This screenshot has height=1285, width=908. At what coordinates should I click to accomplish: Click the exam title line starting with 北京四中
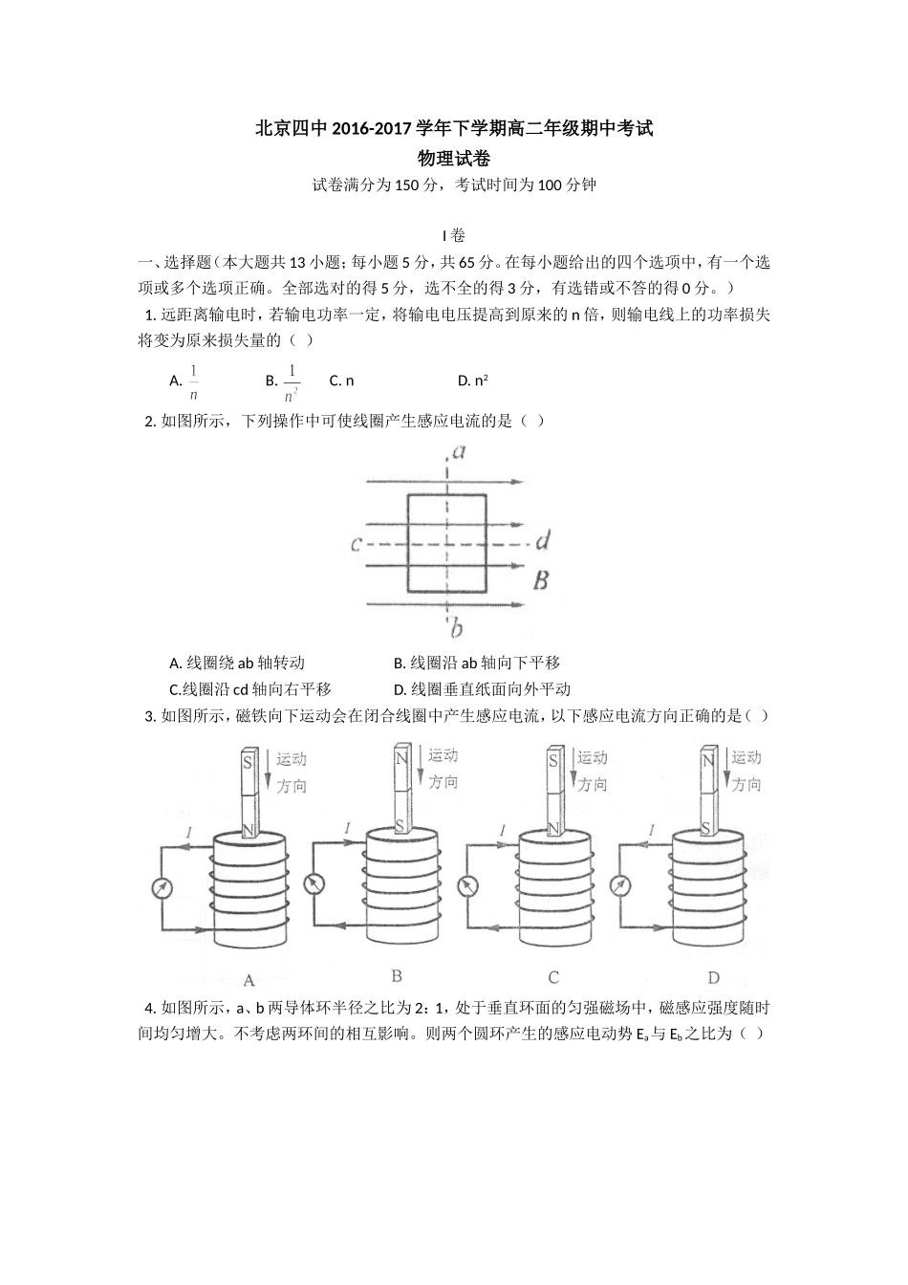(x=454, y=128)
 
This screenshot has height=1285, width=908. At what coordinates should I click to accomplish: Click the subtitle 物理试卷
(x=454, y=158)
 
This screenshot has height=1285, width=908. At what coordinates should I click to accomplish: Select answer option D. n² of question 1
(x=473, y=381)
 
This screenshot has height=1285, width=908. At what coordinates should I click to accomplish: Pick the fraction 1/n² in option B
(x=292, y=381)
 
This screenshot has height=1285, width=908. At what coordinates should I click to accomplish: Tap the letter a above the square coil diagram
(x=459, y=451)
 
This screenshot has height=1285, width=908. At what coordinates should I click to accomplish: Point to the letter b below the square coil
(x=457, y=628)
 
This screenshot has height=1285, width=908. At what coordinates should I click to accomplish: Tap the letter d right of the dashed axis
(x=542, y=542)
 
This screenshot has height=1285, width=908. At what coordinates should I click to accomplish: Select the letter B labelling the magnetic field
(x=541, y=579)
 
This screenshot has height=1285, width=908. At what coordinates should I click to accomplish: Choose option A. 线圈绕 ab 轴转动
(x=237, y=663)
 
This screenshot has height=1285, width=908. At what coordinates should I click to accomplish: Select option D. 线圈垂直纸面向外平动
(x=482, y=689)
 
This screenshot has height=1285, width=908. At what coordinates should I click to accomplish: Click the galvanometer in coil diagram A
(x=162, y=888)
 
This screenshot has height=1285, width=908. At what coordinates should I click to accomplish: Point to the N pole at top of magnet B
(x=402, y=759)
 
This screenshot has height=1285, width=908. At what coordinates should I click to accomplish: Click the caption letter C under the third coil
(x=553, y=977)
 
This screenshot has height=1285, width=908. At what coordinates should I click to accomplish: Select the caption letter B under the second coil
(x=397, y=976)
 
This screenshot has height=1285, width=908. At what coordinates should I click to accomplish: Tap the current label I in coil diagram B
(x=347, y=827)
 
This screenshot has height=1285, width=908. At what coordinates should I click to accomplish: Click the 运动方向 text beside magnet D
(x=746, y=771)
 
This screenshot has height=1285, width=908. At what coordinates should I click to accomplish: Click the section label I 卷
(x=453, y=235)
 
